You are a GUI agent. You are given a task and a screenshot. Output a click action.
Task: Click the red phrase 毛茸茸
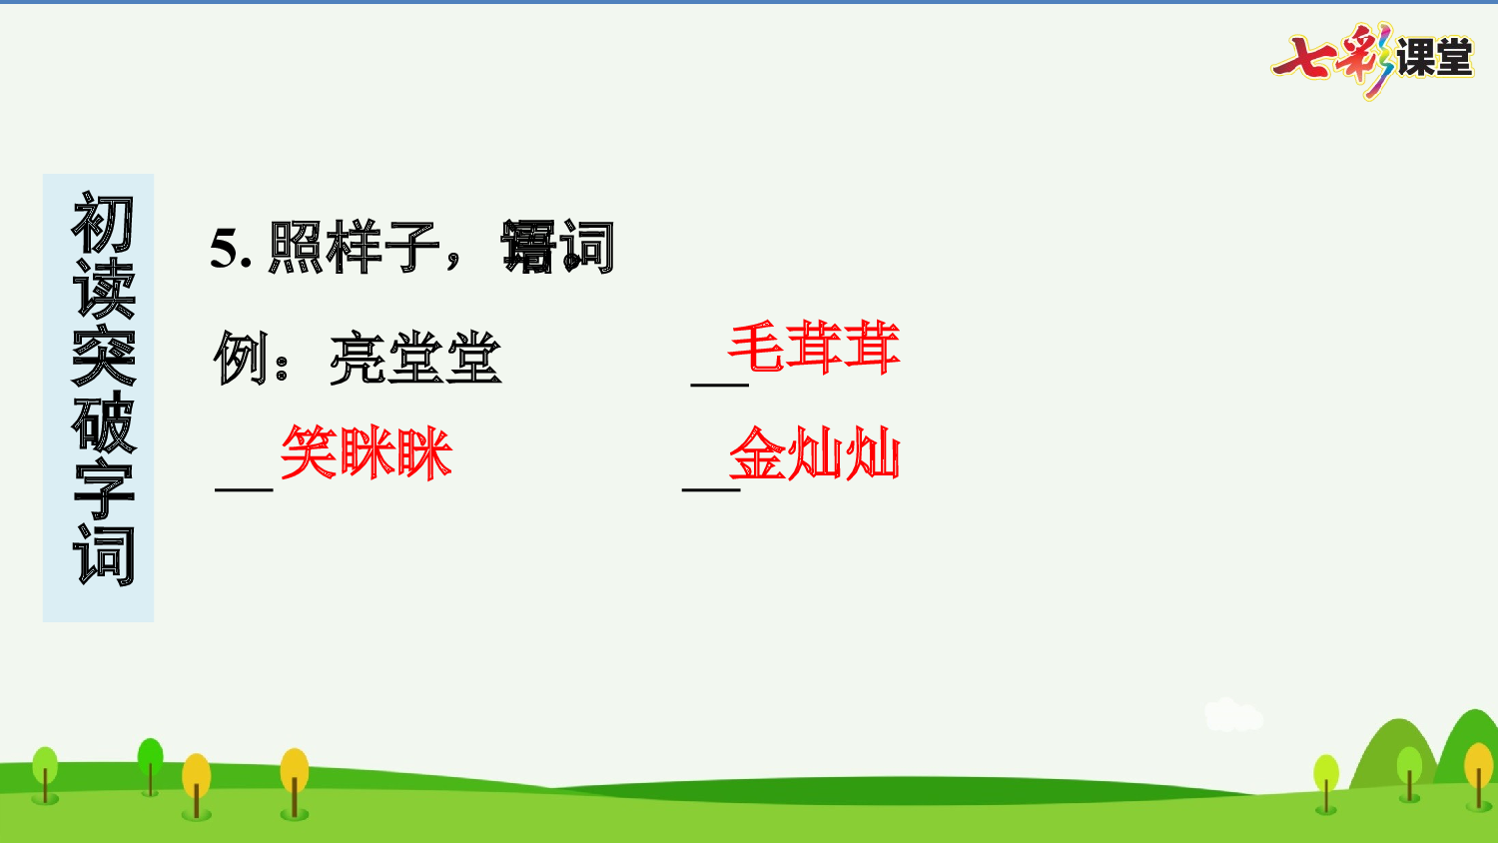click(814, 348)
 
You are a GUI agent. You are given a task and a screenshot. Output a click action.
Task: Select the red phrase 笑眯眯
click(367, 453)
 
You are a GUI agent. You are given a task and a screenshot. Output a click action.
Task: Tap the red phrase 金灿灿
click(815, 454)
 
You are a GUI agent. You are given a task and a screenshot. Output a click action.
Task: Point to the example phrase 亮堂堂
click(415, 358)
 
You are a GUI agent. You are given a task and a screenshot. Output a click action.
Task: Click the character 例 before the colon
click(241, 358)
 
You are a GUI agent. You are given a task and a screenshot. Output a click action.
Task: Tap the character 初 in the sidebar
click(102, 224)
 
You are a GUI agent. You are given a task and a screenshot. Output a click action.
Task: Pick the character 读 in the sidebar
click(102, 291)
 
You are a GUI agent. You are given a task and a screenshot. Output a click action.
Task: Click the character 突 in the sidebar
click(102, 357)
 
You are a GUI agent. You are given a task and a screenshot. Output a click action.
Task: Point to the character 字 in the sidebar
click(102, 489)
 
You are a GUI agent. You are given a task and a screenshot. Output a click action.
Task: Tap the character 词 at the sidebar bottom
click(102, 555)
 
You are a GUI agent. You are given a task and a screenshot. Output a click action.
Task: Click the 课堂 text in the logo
click(1434, 58)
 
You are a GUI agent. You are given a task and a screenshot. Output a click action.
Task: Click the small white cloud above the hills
click(1232, 715)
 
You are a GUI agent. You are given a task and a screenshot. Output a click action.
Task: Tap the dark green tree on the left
click(150, 759)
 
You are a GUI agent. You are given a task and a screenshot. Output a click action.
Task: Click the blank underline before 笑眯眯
click(244, 485)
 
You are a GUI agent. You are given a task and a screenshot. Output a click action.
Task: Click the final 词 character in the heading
click(587, 248)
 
